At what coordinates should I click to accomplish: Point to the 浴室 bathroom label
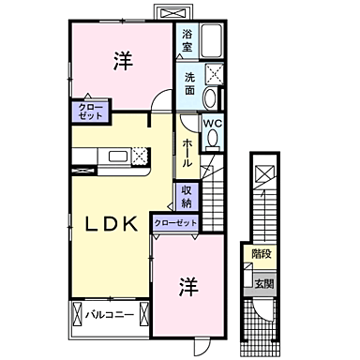(x=187, y=39)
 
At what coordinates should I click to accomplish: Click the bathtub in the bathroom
(x=211, y=42)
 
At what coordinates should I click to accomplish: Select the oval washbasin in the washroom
(x=211, y=99)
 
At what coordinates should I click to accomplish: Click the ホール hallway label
(x=187, y=150)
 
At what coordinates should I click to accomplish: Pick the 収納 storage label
(x=187, y=197)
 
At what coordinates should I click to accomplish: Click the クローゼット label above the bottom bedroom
(x=175, y=222)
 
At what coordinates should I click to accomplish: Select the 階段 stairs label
(x=261, y=253)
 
